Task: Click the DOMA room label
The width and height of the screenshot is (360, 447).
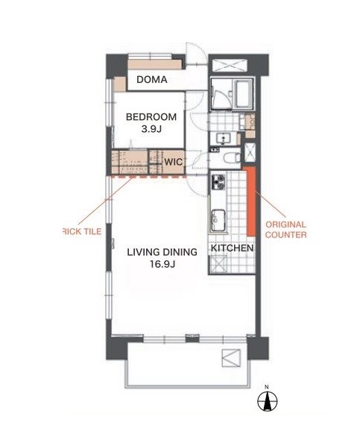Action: (x=152, y=80)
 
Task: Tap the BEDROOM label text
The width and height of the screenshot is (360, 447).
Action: (x=151, y=117)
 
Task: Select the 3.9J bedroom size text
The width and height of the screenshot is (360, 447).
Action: (x=151, y=129)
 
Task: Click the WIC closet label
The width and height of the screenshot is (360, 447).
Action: (x=174, y=162)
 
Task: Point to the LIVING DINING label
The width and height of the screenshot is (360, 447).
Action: (x=162, y=252)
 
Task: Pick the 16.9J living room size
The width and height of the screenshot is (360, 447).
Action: (x=162, y=265)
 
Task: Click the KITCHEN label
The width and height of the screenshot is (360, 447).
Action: (x=232, y=248)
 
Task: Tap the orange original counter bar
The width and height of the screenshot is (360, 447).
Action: (x=251, y=201)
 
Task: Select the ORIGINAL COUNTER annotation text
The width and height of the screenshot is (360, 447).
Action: (x=286, y=230)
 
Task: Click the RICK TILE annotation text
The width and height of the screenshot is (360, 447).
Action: (x=82, y=231)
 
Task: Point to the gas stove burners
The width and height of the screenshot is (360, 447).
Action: (x=218, y=182)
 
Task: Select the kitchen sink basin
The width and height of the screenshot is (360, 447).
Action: (x=218, y=220)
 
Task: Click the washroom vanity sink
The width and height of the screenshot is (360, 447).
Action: (x=224, y=139)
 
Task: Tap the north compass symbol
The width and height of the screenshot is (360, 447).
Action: (x=268, y=401)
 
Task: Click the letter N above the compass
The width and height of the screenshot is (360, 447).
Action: (x=267, y=387)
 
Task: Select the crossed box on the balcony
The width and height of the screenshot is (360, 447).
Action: (x=231, y=358)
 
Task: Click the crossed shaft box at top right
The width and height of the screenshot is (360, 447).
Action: (x=230, y=65)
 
